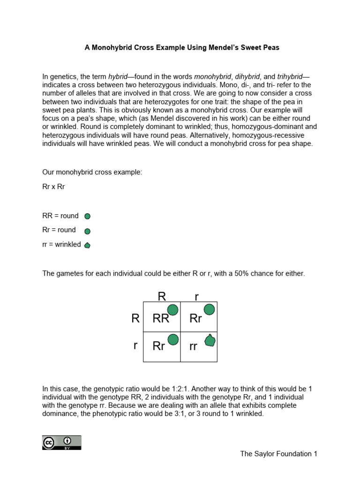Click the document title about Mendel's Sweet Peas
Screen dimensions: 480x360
click(182, 47)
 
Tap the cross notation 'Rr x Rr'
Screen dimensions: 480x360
click(53, 187)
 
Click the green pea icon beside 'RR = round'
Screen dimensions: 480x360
click(87, 216)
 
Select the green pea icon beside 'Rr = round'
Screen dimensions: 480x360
click(87, 231)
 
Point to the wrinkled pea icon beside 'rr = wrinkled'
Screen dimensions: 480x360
click(87, 245)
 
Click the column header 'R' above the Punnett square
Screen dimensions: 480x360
click(162, 296)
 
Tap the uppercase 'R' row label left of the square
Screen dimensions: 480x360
click(135, 319)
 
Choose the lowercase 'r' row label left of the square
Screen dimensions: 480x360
click(135, 345)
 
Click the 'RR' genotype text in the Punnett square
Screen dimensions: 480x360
click(161, 319)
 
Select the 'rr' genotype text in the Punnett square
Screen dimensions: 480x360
click(193, 347)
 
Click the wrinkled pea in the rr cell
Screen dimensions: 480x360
click(210, 340)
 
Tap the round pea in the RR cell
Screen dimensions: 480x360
click(173, 310)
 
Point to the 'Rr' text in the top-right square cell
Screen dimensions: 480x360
click(195, 319)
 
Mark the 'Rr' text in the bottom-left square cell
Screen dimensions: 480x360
click(159, 347)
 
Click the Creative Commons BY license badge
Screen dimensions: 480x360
click(61, 442)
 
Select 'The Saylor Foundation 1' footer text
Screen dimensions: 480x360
click(278, 454)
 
